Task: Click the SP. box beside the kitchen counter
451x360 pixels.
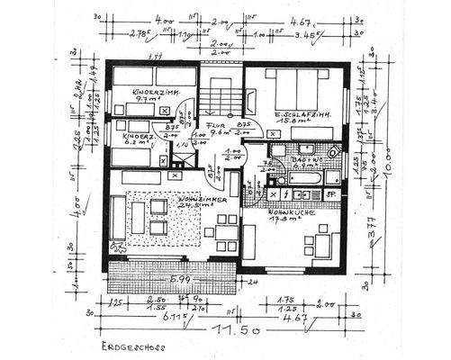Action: (330, 193)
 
